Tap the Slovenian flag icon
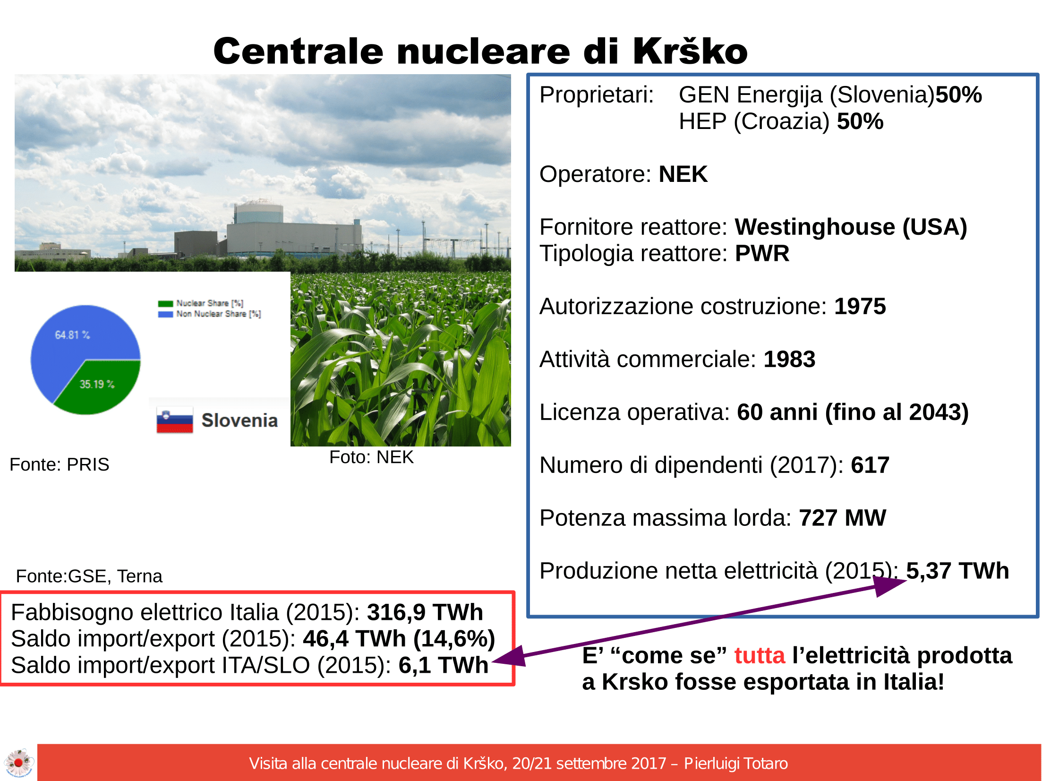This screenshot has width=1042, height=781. coord(175,420)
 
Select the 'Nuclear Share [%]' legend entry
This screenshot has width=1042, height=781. coord(201,303)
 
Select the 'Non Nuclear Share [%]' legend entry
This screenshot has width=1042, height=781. coord(210,314)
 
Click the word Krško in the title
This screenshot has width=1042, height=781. coord(690,51)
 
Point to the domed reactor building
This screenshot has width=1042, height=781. coord(259,213)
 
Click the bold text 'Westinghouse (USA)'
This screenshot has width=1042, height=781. coord(851,227)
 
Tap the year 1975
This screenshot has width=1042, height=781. coord(860,306)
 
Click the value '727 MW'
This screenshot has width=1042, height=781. coord(842,518)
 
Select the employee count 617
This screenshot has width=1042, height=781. coord(870,465)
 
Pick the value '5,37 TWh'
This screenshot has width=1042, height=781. coord(957,571)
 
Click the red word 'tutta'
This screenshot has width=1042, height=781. coord(760,655)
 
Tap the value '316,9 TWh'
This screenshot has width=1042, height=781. coord(425,612)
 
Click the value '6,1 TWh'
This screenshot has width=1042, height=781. coord(443,665)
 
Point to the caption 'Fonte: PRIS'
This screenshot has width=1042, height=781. coord(60,464)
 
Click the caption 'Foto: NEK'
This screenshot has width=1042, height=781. coord(371,457)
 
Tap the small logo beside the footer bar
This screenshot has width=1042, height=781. coord(18,762)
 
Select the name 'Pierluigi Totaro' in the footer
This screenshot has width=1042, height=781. coord(736,764)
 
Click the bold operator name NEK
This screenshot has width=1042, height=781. coord(683,174)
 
